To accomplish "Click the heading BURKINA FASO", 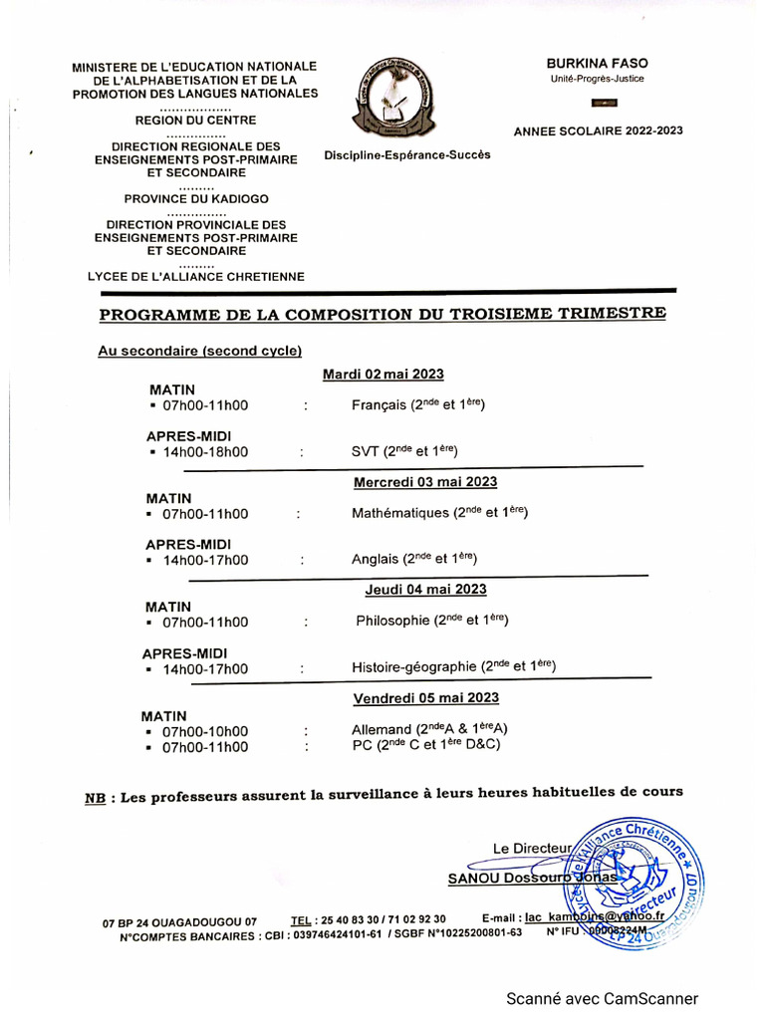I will (597, 62).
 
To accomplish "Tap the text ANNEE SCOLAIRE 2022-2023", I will (598, 130).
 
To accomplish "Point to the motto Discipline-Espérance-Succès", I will (407, 155).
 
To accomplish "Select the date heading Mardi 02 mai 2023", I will (383, 374).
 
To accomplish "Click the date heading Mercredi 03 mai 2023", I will (425, 482).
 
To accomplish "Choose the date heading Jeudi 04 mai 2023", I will (425, 589).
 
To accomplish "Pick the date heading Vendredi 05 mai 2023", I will (425, 697).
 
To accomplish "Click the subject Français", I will (379, 405).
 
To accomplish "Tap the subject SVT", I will (365, 451).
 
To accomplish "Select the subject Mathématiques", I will (401, 514).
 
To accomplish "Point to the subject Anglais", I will (375, 560).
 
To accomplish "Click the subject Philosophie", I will (393, 622).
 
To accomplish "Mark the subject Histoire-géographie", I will (415, 668).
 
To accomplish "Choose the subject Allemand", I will (382, 729).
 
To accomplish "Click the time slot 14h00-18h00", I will (205, 452).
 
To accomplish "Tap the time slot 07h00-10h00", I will (205, 731).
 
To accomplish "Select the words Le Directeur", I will (533, 849).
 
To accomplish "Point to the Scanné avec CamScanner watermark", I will (602, 998).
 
